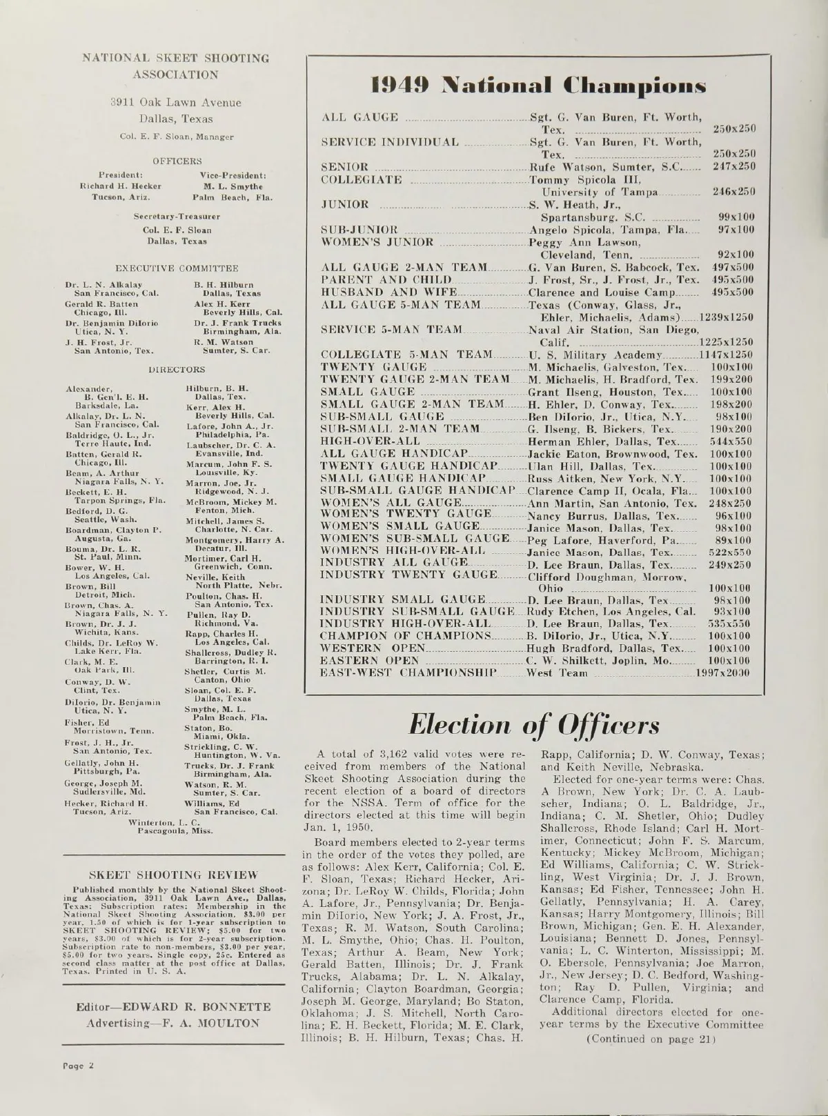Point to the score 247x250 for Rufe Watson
733,167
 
